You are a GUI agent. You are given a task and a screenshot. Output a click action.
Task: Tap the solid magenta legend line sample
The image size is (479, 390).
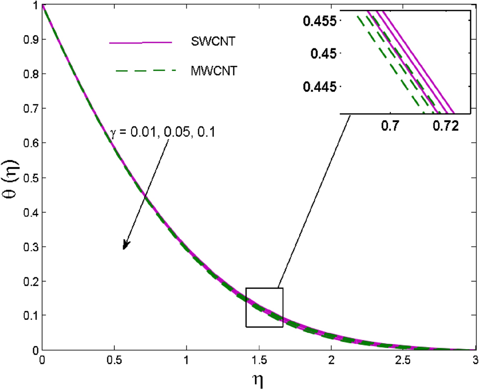(x=141, y=43)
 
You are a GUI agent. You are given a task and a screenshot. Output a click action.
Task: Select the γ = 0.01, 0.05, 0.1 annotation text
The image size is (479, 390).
(x=161, y=133)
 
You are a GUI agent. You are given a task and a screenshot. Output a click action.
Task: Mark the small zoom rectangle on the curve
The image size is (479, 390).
(x=264, y=307)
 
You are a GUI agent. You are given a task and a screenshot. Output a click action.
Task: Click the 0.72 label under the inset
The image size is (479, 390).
(x=442, y=127)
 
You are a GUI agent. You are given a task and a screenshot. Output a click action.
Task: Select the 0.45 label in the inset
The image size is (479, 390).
(x=326, y=53)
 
